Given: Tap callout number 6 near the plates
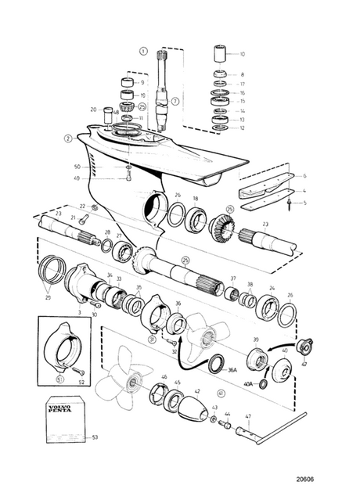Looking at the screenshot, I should point(304,176).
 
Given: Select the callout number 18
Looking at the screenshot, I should point(196,199).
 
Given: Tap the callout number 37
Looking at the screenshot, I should point(232,278).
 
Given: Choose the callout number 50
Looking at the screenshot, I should point(99,167).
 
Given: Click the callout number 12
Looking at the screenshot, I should point(242,128).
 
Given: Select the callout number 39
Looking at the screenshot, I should point(255,340).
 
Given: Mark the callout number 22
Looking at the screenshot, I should point(82,206).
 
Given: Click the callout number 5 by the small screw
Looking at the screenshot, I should point(304,203).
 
